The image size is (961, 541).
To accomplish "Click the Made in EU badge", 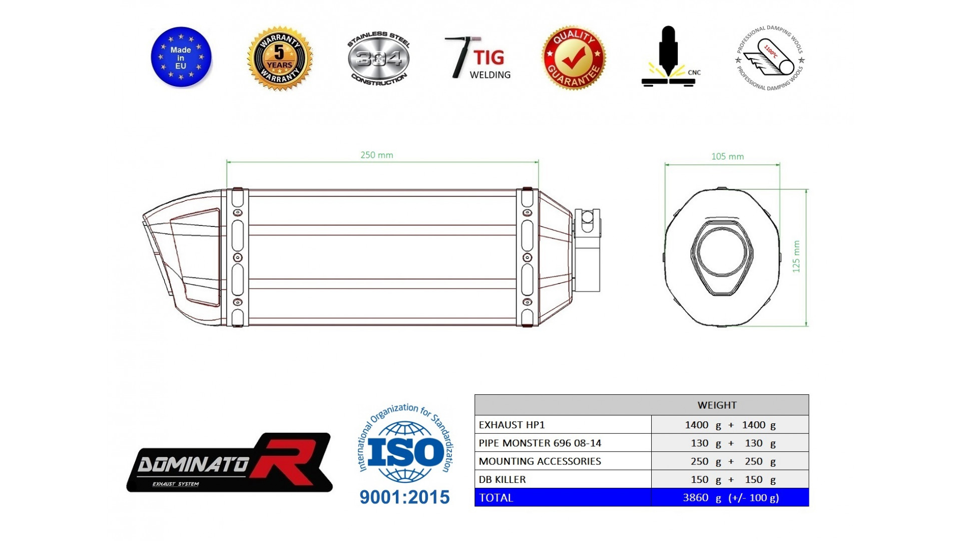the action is [181, 58].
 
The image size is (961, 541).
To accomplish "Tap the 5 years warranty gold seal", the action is [279, 59].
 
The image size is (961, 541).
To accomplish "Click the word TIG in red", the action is [489, 57].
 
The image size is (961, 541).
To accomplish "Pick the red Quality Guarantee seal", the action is [574, 58].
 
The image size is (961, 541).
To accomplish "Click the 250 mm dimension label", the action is [377, 155].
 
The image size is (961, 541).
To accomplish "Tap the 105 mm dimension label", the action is [727, 157].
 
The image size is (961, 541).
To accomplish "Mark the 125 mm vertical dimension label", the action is [796, 256].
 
